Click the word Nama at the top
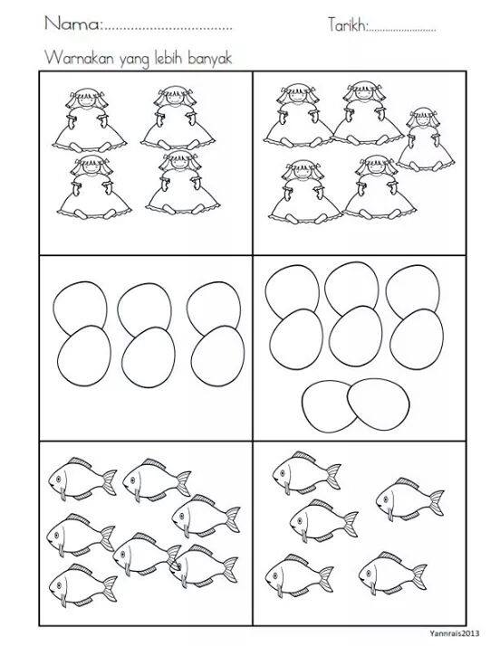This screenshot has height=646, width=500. [x=72, y=24]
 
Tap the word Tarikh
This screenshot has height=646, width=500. [x=347, y=24]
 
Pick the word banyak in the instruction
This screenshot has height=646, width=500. [x=210, y=59]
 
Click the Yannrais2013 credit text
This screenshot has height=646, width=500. [x=455, y=633]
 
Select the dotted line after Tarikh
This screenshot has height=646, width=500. [x=402, y=30]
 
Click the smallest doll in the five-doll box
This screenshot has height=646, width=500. [x=425, y=139]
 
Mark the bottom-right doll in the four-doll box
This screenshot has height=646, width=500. [x=182, y=183]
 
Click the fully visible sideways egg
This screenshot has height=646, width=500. [x=379, y=404]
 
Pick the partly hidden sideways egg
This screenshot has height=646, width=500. [x=326, y=406]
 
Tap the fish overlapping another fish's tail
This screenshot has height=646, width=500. [x=204, y=565]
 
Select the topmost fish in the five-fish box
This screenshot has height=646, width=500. [x=306, y=472]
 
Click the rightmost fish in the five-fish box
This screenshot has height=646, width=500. [x=409, y=499]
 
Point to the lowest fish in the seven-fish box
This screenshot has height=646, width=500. [x=83, y=585]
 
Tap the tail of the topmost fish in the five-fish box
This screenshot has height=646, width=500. [x=333, y=476]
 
